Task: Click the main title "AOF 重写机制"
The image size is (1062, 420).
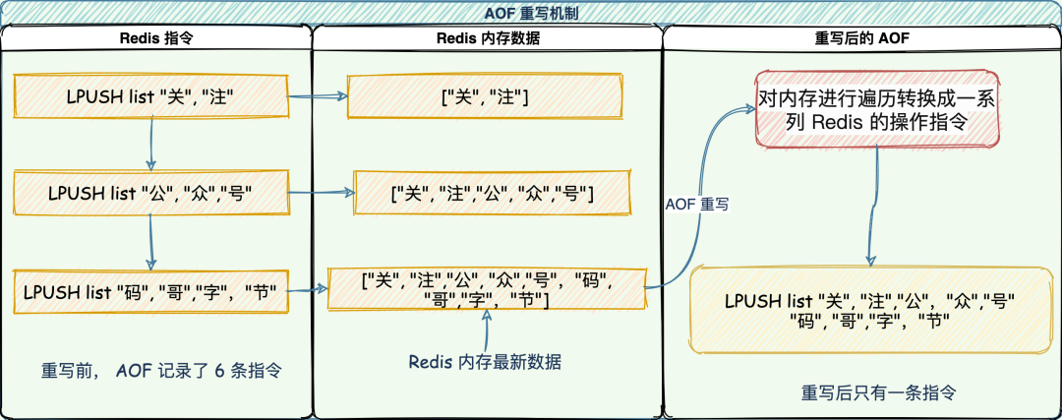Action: [531, 12]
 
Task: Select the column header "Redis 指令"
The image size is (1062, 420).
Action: [155, 38]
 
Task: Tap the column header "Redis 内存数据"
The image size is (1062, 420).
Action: [487, 38]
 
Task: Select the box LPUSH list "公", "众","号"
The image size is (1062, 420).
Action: [150, 194]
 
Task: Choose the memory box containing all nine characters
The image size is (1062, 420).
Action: [487, 287]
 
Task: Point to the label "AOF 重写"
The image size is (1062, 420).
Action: [696, 204]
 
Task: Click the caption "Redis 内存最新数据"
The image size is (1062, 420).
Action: [485, 362]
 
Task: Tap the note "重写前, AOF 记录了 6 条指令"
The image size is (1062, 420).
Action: [161, 372]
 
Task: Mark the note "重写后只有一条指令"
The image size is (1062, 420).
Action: [878, 391]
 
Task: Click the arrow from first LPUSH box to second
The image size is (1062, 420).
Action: [150, 144]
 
